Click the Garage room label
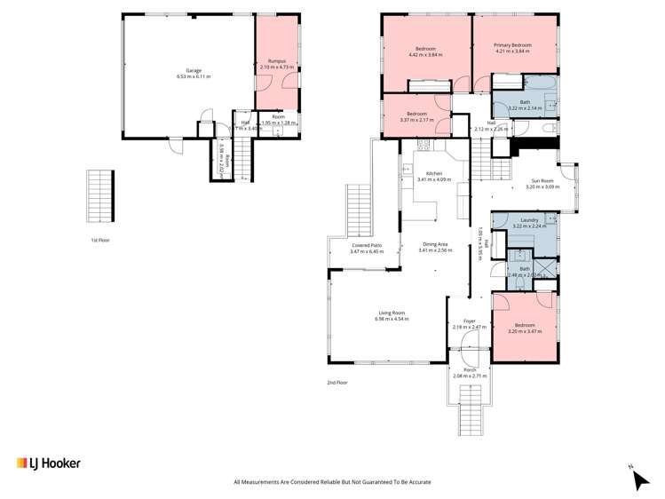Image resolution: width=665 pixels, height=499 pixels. tap(193, 70)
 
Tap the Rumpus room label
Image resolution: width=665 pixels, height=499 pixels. tap(278, 60)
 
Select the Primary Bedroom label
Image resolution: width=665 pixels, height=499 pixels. tap(512, 45)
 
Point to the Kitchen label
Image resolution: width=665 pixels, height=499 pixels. tap(434, 173)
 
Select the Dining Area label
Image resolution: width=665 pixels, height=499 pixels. tap(435, 244)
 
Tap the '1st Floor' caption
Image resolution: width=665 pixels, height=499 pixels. tap(99, 241)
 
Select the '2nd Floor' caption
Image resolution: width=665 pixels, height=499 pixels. tap(337, 383)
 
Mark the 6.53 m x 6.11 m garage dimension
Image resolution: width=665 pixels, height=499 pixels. tap(193, 76)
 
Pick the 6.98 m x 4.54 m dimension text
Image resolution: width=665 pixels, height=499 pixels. tap(392, 319)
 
